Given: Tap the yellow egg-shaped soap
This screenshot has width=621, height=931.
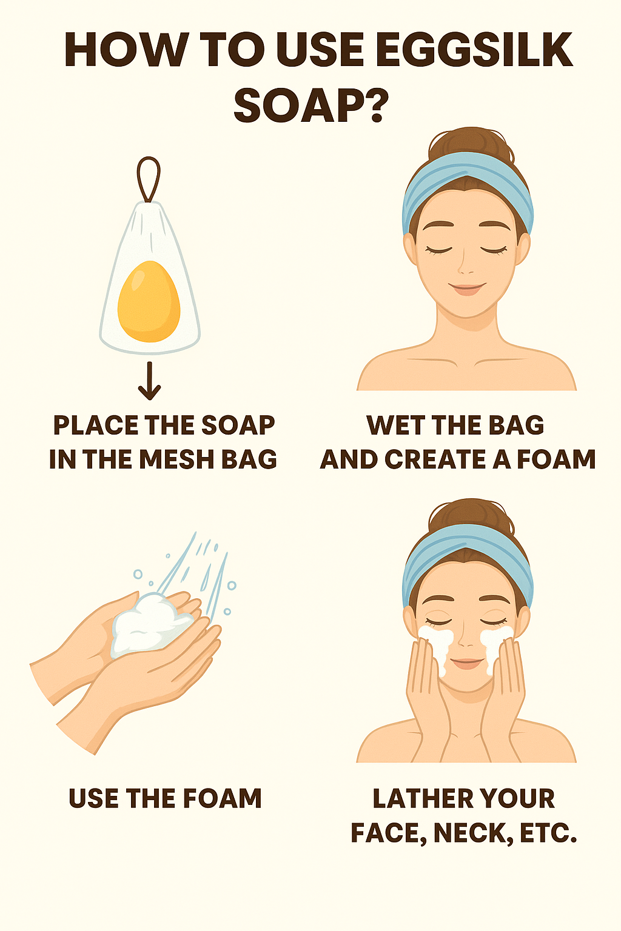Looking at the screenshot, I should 149,301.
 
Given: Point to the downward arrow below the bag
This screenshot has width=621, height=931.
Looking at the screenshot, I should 149,381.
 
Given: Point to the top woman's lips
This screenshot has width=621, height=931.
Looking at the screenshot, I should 467,289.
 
